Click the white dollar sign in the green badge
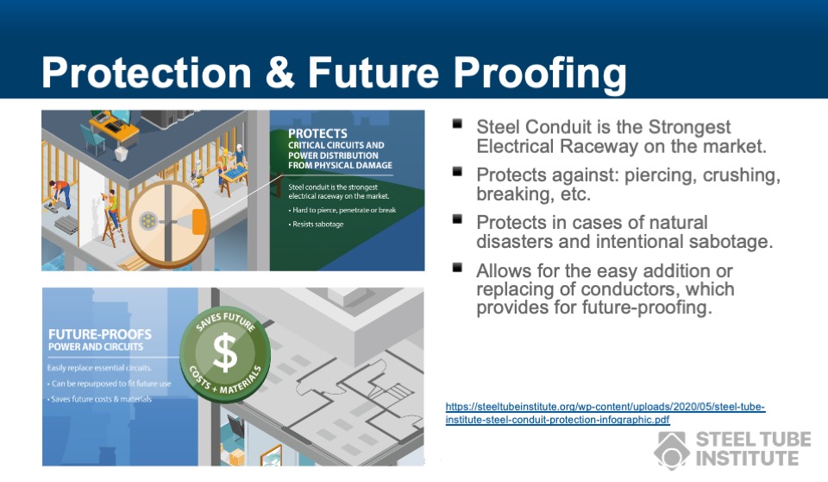pos(225,352)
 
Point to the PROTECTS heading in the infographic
pos(317,134)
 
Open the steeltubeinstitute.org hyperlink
pos(605,413)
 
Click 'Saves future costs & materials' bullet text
pos(101,399)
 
